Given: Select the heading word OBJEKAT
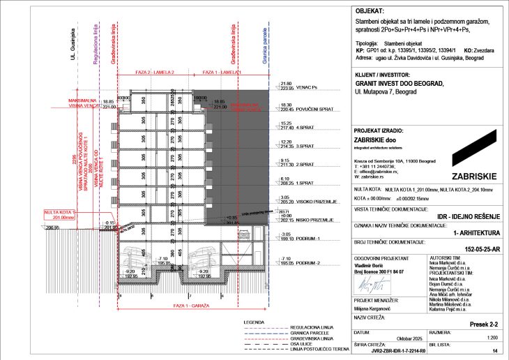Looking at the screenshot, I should [x=370, y=12].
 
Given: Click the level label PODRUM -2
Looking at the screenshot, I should [x=311, y=264].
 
